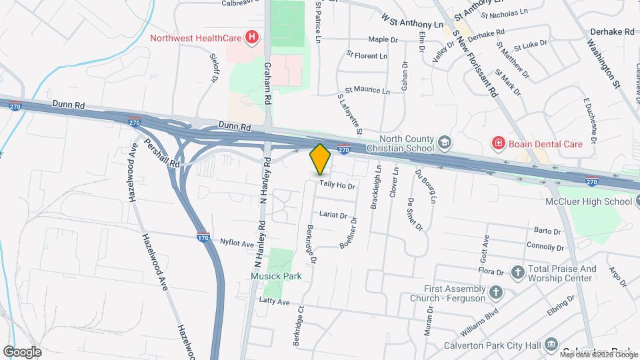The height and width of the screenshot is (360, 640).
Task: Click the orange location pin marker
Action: [321, 159]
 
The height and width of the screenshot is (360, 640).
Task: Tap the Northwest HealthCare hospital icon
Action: [252, 38]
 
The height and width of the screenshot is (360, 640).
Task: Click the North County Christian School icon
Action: [445, 142]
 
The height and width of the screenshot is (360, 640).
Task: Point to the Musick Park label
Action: [276, 276]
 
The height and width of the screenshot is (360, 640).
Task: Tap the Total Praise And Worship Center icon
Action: [517, 272]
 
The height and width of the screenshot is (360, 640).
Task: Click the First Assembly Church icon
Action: [495, 292]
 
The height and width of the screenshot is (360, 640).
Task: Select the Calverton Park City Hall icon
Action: [551, 345]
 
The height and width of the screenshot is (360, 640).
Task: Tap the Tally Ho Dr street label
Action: [337, 186]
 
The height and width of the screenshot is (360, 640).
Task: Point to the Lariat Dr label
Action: [333, 215]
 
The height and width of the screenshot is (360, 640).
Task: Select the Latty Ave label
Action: [275, 303]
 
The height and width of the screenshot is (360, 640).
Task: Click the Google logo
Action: [22, 351]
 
